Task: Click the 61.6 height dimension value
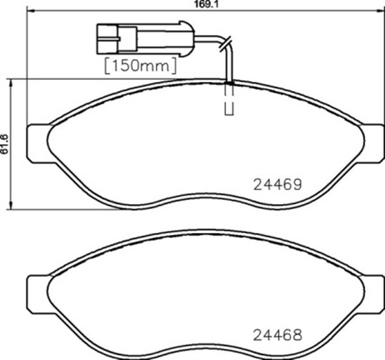[4, 144]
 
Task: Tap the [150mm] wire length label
[140, 66]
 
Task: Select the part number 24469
[277, 185]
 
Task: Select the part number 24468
[277, 335]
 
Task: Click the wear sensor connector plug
[146, 39]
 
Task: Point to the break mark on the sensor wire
[226, 44]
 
